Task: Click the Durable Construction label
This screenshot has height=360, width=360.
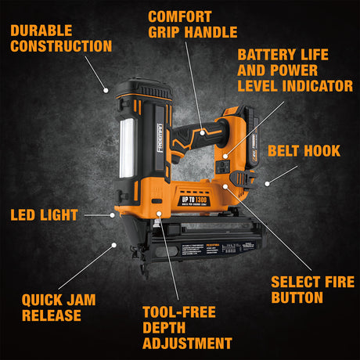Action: tap(61, 38)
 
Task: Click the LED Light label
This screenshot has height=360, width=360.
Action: tap(44, 214)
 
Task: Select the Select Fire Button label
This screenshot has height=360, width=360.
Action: tap(313, 290)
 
